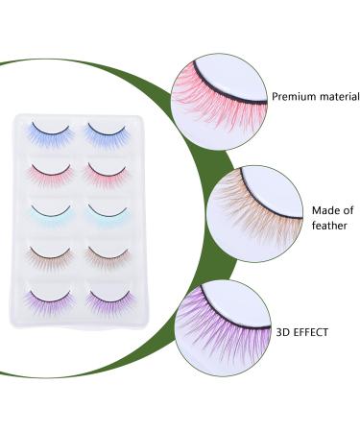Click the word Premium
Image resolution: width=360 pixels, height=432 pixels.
(x=294, y=97)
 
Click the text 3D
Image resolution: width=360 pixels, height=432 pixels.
(x=280, y=331)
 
